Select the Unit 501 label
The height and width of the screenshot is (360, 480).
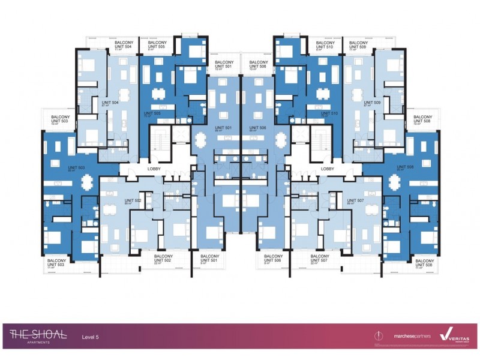click(x=223, y=128)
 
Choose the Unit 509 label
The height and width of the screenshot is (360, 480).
click(x=373, y=103)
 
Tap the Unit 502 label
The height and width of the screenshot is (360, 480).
click(x=132, y=201)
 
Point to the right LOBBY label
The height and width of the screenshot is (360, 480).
click(x=328, y=170)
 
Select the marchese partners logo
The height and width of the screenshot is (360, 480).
click(x=412, y=337)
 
